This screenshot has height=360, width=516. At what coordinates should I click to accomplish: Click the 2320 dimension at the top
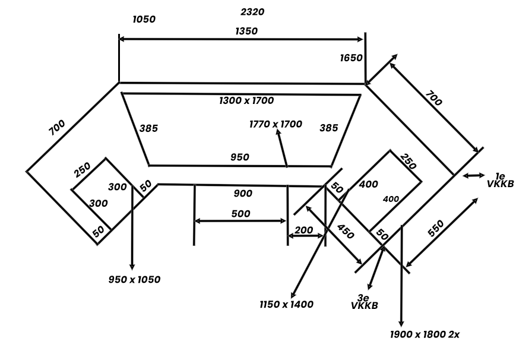click(x=252, y=12)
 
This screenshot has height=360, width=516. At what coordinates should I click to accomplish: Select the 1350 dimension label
click(x=246, y=31)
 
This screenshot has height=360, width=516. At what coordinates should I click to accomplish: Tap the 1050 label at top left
click(x=144, y=20)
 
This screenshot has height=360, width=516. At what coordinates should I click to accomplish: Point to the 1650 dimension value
click(x=351, y=58)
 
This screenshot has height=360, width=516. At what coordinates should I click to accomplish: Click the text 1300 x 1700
click(x=246, y=100)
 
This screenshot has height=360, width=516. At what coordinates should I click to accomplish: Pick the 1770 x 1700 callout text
click(x=276, y=124)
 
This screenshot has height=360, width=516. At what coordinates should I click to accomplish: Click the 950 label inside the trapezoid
click(x=239, y=157)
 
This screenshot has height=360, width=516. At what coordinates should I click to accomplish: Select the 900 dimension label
click(x=243, y=193)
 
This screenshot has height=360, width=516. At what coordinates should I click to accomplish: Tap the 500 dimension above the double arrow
click(x=240, y=214)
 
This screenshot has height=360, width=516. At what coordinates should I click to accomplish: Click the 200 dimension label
click(x=303, y=230)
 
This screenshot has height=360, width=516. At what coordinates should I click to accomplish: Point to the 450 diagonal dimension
click(x=346, y=232)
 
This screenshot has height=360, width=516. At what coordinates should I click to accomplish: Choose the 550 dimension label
click(x=436, y=228)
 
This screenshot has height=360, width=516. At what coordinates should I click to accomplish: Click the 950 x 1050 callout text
click(x=134, y=280)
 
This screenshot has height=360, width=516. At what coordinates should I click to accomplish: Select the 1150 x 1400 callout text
click(x=286, y=304)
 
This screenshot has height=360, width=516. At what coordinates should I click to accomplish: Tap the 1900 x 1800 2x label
click(x=425, y=334)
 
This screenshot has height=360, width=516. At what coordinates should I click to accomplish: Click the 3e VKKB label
click(x=365, y=302)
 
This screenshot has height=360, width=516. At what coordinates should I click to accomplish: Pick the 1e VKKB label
click(x=500, y=180)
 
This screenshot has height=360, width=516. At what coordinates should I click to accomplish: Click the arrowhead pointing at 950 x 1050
click(x=132, y=266)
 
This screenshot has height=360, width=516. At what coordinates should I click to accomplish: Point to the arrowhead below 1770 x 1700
click(x=278, y=132)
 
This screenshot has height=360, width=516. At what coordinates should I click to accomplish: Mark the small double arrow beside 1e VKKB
click(x=474, y=176)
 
